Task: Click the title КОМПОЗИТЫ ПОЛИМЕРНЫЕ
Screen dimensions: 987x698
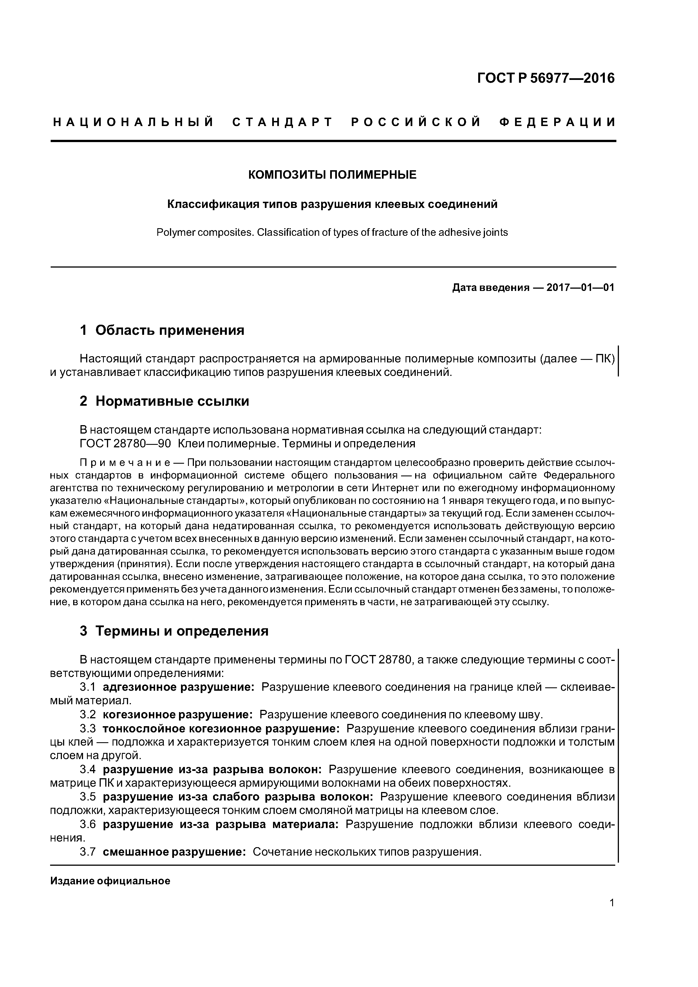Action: (x=332, y=175)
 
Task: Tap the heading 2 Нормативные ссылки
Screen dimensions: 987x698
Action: (x=164, y=401)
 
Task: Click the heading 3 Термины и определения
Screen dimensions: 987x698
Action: (x=174, y=631)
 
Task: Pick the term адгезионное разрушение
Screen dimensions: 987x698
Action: (x=179, y=687)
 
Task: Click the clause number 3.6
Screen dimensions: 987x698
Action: (x=88, y=824)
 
